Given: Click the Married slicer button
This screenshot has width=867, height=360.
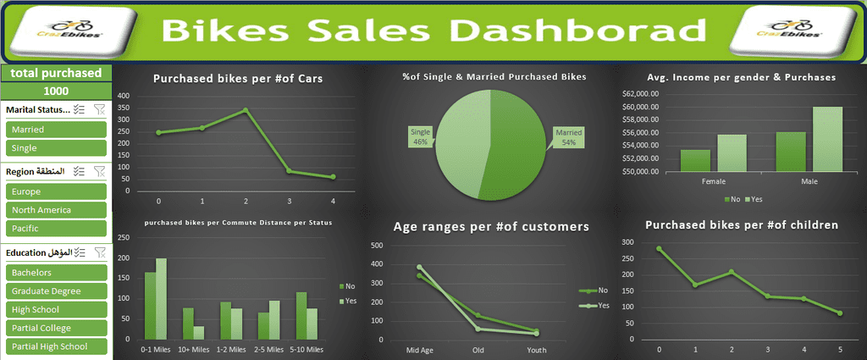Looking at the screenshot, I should click(x=55, y=130).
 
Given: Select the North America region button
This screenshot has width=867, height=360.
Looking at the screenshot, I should click(x=55, y=210).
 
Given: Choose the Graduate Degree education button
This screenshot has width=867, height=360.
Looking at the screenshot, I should click(x=55, y=291).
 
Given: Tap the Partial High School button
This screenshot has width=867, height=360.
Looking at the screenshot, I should click(x=55, y=346).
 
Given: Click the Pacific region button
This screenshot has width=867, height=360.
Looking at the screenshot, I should click(x=55, y=229).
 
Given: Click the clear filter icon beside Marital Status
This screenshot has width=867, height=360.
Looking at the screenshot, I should click(x=99, y=109).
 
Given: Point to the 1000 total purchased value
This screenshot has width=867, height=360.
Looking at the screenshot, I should click(x=56, y=91).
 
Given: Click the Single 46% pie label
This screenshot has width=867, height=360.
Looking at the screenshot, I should click(x=420, y=137).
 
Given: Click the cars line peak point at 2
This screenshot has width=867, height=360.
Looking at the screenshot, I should click(x=246, y=110).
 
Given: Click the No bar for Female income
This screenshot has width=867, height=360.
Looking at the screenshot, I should click(x=695, y=161).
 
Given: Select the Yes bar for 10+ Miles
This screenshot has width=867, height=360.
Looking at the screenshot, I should click(x=199, y=333).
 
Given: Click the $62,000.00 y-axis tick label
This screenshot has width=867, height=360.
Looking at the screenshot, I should click(x=641, y=94).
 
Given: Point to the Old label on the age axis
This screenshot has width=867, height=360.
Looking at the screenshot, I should click(x=478, y=350).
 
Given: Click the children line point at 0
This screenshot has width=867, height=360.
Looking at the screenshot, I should click(x=659, y=249).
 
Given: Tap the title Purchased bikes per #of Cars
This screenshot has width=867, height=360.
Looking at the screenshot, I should click(x=238, y=79).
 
